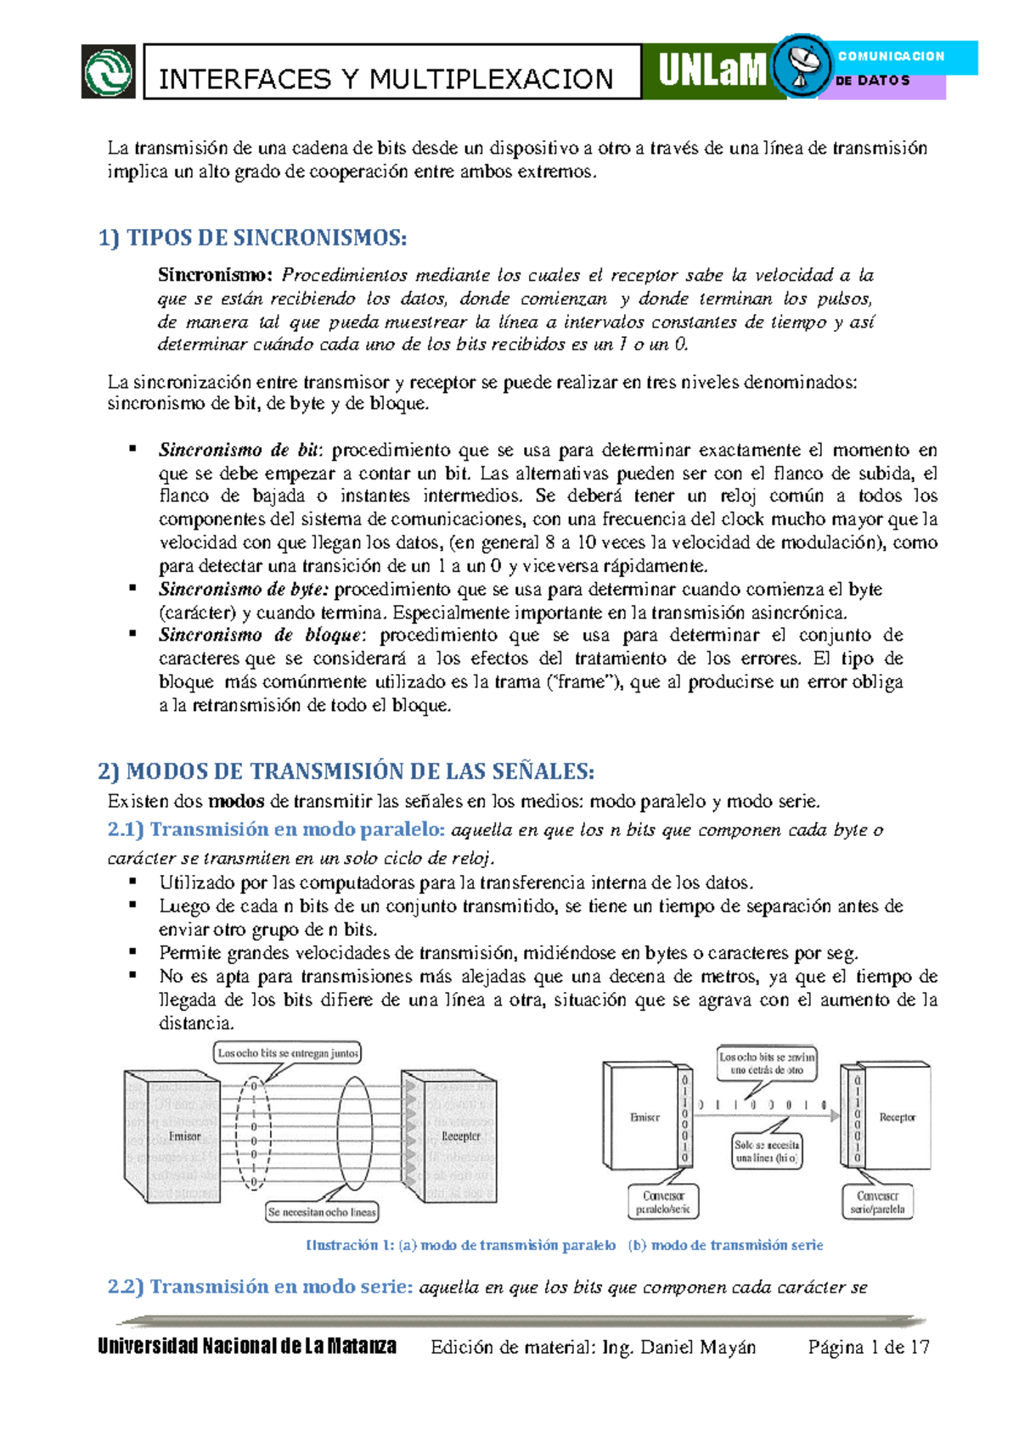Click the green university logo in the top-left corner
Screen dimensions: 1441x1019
(x=108, y=71)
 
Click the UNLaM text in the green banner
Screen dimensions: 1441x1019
(x=712, y=71)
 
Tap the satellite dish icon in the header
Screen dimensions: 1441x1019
(x=802, y=66)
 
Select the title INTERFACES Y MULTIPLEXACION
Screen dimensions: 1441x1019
(x=386, y=80)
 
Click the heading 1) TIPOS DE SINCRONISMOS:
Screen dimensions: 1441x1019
(x=252, y=238)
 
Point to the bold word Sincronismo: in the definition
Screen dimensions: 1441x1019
(x=215, y=275)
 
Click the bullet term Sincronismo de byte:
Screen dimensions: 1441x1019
(x=243, y=589)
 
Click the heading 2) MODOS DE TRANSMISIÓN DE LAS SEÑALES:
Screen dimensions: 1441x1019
(x=346, y=771)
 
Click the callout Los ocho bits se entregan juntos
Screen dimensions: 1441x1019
(x=288, y=1053)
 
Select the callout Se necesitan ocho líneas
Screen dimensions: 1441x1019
(x=322, y=1212)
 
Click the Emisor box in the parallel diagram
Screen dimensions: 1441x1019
(x=183, y=1135)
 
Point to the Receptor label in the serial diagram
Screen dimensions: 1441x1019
(x=897, y=1118)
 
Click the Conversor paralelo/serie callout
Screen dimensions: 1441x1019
(x=663, y=1202)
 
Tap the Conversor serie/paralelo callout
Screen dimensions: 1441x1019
(x=877, y=1202)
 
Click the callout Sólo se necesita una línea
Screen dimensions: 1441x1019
(x=766, y=1152)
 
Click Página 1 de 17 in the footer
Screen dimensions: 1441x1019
(x=869, y=1347)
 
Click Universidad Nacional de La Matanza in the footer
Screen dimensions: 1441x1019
(x=247, y=1346)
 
